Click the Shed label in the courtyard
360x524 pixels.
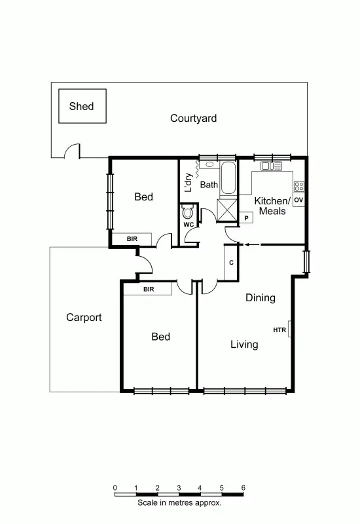(81, 106)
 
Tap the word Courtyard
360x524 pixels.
(193, 119)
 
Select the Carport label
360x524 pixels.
(84, 318)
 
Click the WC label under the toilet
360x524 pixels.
(189, 225)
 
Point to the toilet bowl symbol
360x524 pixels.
(189, 212)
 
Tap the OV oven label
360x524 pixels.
(298, 199)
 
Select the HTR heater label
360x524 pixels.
(279, 329)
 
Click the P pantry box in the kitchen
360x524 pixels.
(247, 217)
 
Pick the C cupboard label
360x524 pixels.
(231, 262)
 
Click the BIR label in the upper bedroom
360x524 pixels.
(132, 239)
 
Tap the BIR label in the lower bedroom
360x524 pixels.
(148, 289)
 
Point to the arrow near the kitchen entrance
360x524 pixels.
(252, 244)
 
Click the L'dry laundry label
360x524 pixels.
(189, 182)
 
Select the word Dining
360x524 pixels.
(260, 298)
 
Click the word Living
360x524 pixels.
(243, 345)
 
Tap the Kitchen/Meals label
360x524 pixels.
(272, 206)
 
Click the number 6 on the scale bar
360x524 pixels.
(243, 487)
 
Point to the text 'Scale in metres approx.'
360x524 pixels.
(179, 504)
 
